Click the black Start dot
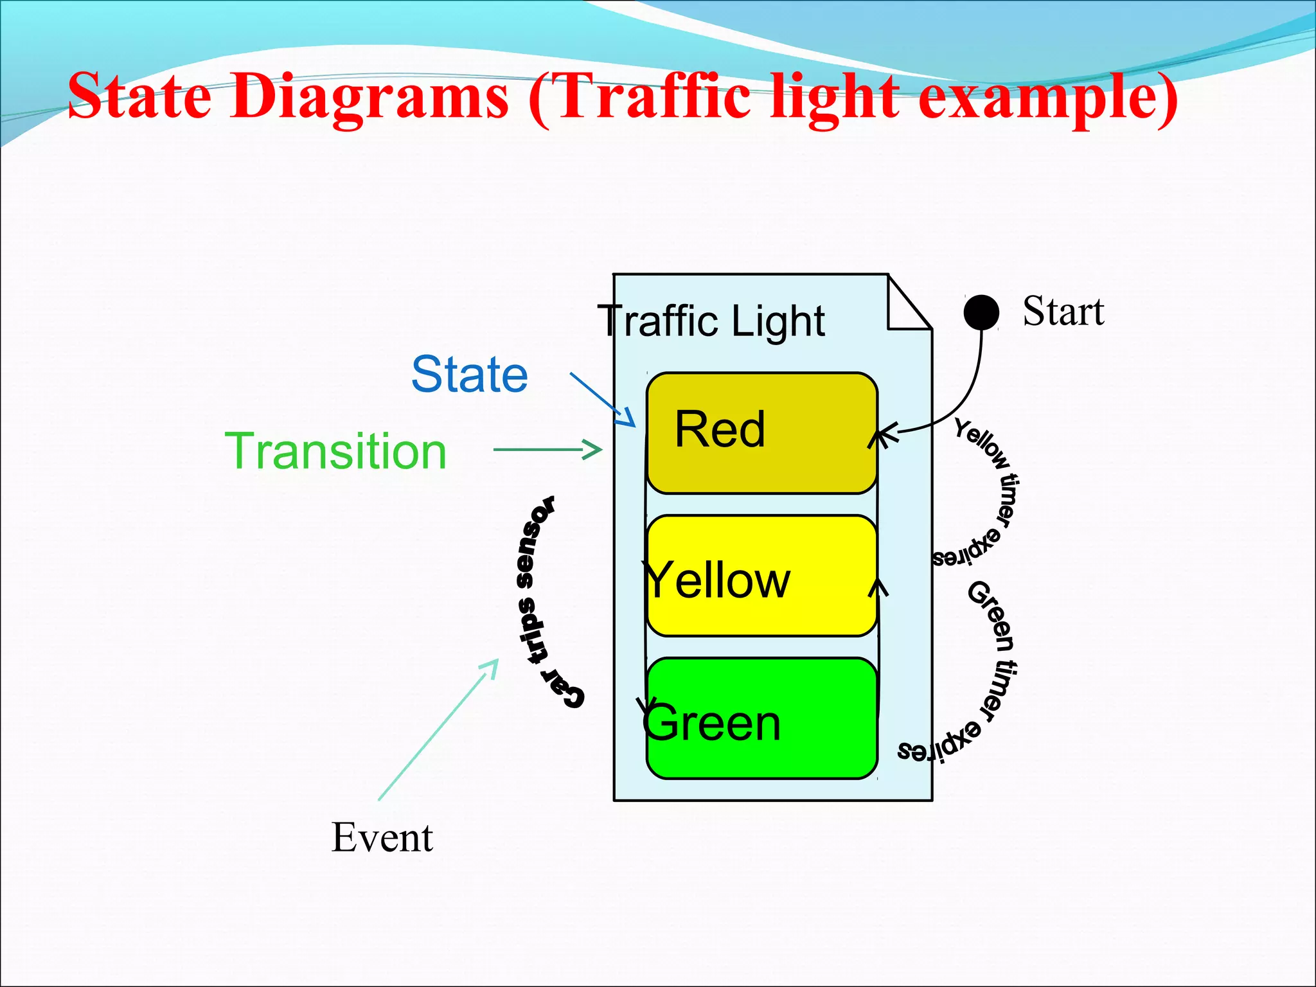pyautogui.click(x=981, y=313)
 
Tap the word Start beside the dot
pyautogui.click(x=1063, y=312)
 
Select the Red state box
pyautogui.click(x=761, y=432)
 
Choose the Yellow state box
pyautogui.click(x=761, y=576)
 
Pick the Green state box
pyautogui.click(x=761, y=718)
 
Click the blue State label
pyautogui.click(x=470, y=374)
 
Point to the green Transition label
pyautogui.click(x=335, y=451)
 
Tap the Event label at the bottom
pyautogui.click(x=382, y=837)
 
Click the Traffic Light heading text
pyautogui.click(x=711, y=321)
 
